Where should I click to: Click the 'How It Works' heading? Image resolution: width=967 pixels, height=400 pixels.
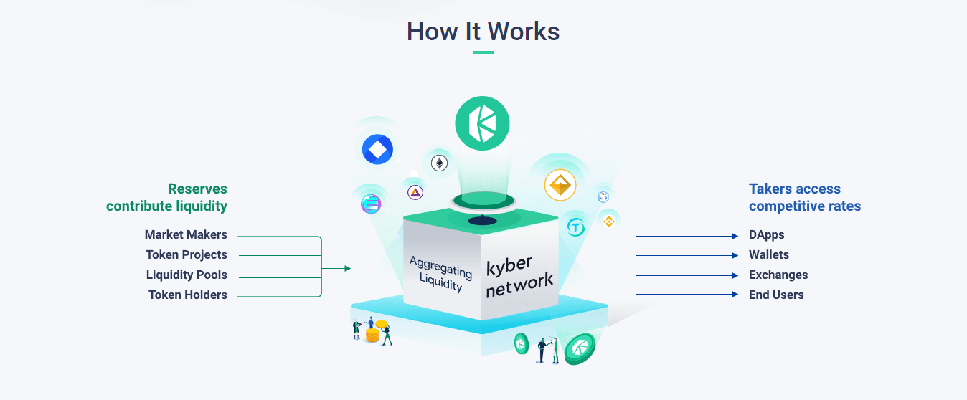pos(483,32)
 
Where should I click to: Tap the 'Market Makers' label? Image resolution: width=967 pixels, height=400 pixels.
pos(186,234)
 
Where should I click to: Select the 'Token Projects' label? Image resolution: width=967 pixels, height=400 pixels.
pos(187,254)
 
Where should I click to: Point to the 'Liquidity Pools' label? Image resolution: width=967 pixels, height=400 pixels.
pos(187,275)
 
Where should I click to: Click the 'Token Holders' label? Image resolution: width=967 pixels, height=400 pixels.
pos(188,295)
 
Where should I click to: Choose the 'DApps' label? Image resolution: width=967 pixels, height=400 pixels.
pos(766,234)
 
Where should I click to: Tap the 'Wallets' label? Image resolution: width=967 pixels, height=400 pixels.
pos(768,254)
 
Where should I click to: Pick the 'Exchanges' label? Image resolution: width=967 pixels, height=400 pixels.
pos(778,275)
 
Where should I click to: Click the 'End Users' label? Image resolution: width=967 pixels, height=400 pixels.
pos(776,295)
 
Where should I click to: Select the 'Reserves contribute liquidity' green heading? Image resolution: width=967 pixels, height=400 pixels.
pos(167,197)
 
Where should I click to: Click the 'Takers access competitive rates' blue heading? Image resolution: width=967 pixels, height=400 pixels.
pos(804,197)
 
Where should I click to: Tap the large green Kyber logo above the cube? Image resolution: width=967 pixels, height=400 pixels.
pos(482,123)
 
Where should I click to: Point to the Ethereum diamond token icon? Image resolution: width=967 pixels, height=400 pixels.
pos(438,163)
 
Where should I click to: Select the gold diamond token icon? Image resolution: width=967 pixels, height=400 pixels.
pos(560,186)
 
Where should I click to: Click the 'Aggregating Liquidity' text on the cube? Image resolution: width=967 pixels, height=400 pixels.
pos(440,274)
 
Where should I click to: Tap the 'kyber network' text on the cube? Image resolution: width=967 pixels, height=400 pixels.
pos(519,276)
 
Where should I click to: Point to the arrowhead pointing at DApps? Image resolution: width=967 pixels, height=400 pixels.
pos(735,236)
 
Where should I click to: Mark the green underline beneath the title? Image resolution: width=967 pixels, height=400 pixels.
pos(483,52)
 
